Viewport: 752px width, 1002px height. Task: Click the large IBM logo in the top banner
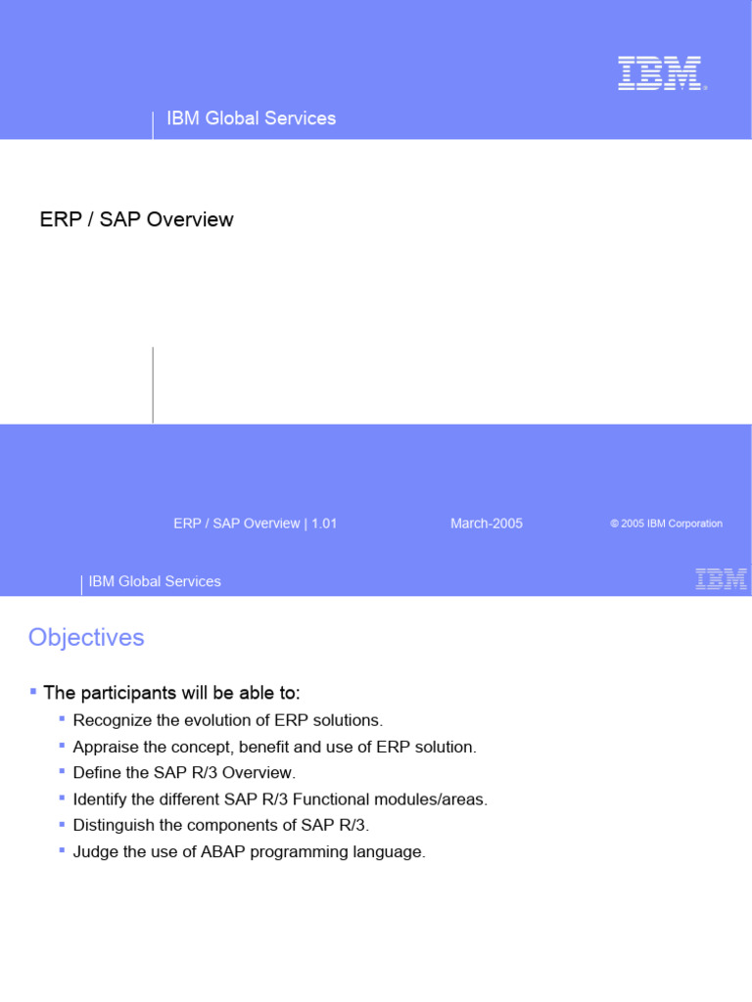point(661,73)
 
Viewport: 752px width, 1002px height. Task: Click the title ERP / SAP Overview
point(136,219)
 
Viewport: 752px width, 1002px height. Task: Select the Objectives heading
point(86,637)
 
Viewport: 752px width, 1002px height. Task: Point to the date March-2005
point(487,524)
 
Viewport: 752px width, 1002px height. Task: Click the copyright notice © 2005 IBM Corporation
point(666,524)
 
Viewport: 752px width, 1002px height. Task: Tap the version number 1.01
point(324,524)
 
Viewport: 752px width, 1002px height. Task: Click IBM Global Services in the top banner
point(252,118)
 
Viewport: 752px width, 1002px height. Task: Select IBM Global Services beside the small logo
point(155,581)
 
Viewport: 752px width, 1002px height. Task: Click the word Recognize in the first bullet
point(111,720)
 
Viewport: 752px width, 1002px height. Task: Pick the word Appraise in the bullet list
point(104,747)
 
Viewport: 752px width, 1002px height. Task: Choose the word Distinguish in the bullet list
point(112,826)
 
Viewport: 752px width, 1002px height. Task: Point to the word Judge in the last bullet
point(94,852)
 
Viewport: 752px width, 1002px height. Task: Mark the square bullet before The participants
point(33,691)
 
